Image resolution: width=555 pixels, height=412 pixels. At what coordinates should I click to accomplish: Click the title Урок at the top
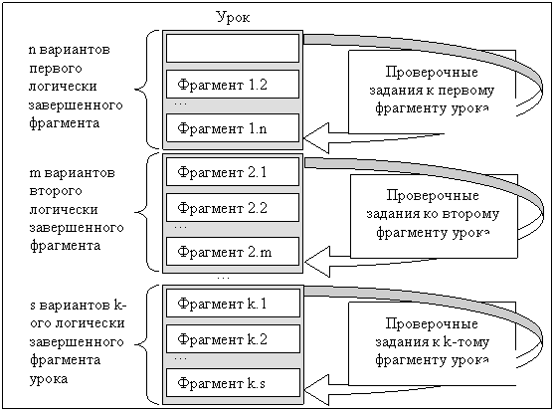(234, 17)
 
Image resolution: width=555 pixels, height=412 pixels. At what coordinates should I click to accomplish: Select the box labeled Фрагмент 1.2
(233, 85)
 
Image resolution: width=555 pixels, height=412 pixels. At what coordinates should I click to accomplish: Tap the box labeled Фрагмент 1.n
(233, 128)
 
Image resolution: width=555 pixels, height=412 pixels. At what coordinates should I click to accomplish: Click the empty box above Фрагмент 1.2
(233, 48)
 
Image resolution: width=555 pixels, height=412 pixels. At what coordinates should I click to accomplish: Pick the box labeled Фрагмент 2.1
(233, 171)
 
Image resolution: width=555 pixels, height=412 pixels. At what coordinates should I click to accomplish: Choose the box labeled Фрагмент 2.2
(233, 207)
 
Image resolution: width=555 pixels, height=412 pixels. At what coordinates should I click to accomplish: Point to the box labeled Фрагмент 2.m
(233, 251)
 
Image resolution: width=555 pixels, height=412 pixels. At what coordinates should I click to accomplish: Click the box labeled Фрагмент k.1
(233, 303)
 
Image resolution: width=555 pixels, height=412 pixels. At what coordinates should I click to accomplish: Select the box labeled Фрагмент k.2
(233, 338)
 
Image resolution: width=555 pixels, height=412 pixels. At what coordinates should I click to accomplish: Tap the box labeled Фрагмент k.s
(233, 382)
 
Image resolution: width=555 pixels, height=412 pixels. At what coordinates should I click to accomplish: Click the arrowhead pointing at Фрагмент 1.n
(316, 138)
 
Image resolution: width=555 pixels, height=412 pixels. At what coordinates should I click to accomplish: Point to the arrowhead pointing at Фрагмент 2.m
(317, 262)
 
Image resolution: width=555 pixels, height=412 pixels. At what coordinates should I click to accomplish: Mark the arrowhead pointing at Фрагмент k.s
(316, 390)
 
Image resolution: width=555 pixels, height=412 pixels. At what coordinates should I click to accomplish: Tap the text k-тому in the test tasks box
(466, 341)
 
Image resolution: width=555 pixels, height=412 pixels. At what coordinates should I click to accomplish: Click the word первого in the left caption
(56, 68)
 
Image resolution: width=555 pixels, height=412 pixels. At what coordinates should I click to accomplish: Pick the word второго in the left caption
(56, 191)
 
